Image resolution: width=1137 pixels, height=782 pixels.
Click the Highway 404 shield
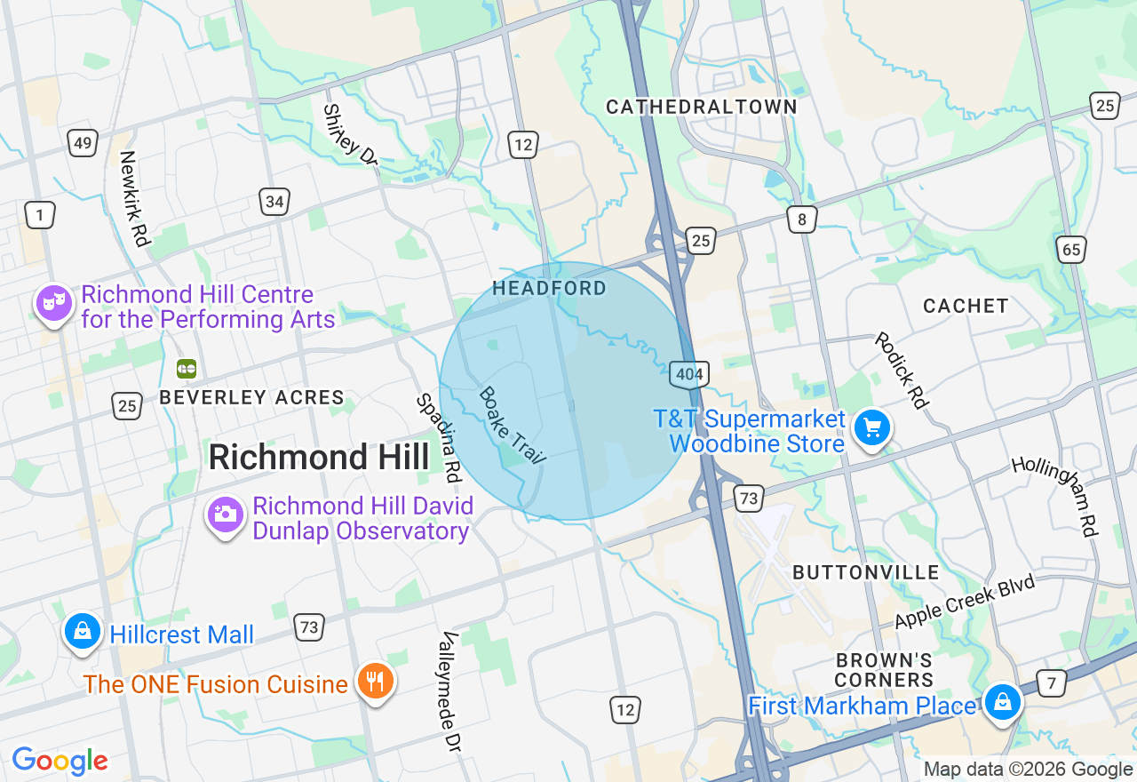point(688,374)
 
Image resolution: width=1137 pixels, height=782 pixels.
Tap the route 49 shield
point(82,143)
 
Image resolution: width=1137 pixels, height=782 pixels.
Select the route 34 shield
point(274,202)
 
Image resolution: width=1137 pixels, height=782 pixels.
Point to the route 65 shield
point(1071,250)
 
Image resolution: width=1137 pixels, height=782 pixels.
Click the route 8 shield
point(801,219)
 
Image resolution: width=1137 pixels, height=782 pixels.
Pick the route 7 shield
point(1052,683)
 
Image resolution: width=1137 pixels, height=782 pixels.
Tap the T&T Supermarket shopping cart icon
point(871,429)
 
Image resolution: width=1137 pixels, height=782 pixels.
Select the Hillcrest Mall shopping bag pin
point(83,632)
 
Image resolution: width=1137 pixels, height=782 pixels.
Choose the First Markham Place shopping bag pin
point(1003,703)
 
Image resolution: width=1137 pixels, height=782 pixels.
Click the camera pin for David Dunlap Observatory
point(225,515)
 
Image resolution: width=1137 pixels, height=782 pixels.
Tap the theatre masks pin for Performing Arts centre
point(54,303)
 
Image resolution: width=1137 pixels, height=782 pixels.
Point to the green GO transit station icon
point(187,368)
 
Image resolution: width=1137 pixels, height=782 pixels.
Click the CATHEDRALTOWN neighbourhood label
point(701,108)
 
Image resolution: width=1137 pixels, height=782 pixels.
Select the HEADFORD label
point(549,288)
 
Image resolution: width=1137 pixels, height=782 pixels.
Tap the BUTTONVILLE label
point(865,572)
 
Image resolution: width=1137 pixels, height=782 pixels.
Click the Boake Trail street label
point(512,425)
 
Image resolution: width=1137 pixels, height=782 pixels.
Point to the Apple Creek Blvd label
point(966,602)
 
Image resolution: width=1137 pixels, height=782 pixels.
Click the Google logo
point(60,762)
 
